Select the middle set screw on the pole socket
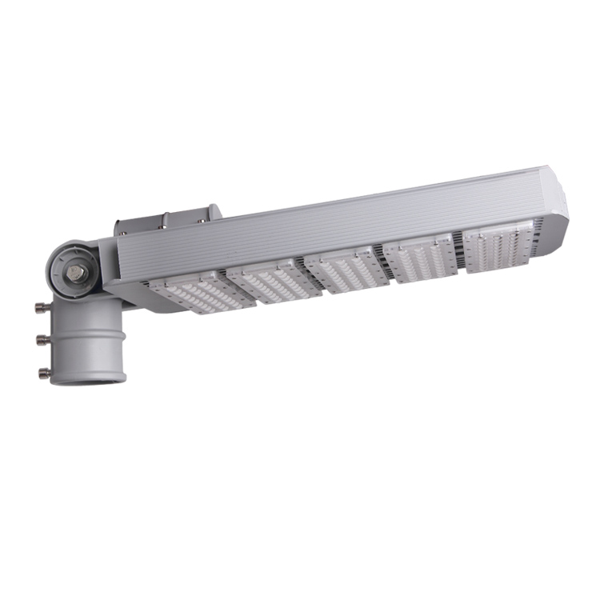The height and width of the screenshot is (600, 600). (x=40, y=339)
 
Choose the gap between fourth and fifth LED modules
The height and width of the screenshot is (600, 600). (x=458, y=254)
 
